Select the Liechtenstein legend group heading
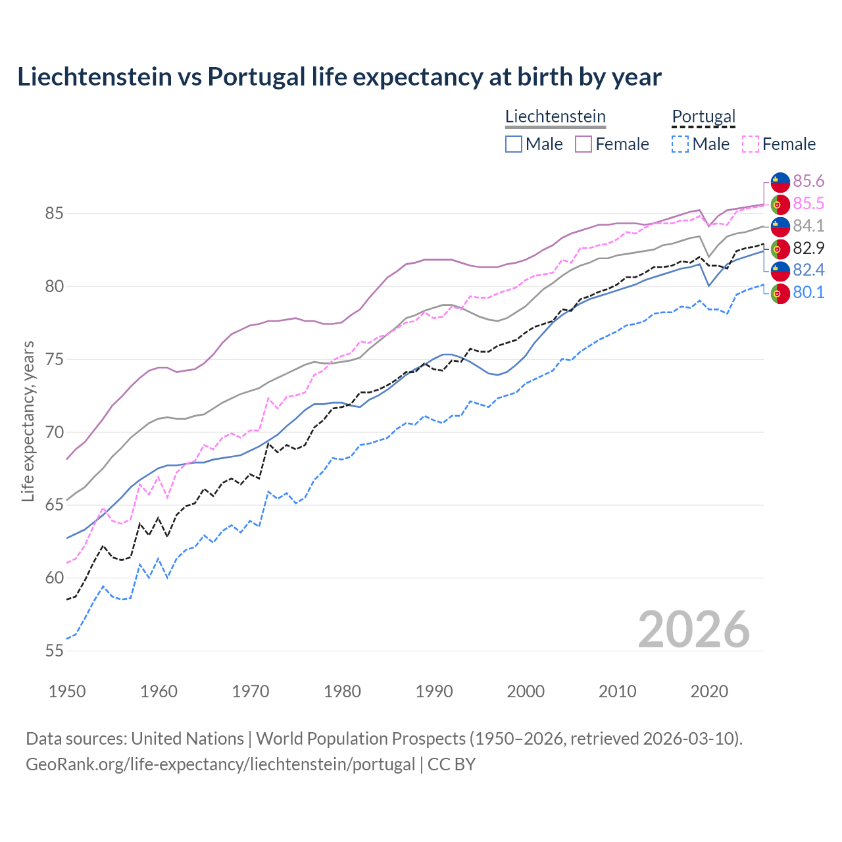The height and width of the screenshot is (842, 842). point(555,117)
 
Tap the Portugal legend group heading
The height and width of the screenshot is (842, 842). point(703,117)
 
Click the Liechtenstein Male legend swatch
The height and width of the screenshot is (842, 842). point(514,144)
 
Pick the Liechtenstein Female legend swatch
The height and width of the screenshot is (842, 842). point(583,144)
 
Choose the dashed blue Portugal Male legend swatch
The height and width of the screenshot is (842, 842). point(680,144)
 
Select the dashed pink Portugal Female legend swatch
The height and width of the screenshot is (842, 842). point(751,144)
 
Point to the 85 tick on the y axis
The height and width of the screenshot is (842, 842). point(54,214)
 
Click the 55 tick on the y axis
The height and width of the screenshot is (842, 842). point(54,651)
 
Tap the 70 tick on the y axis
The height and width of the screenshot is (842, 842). point(54,432)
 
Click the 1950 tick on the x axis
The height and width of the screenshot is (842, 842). point(67,691)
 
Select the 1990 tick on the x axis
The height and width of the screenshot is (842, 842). point(434,691)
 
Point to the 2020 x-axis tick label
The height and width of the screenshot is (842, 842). point(709,691)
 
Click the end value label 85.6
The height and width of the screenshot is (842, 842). point(808,182)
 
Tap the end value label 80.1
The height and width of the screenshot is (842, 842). point(808,293)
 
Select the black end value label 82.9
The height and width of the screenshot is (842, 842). point(808,249)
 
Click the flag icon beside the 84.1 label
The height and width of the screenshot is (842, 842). point(780,226)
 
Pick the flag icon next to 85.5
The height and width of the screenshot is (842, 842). point(780,204)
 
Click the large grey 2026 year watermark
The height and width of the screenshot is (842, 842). point(694,630)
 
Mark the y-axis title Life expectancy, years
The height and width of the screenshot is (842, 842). point(28,421)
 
